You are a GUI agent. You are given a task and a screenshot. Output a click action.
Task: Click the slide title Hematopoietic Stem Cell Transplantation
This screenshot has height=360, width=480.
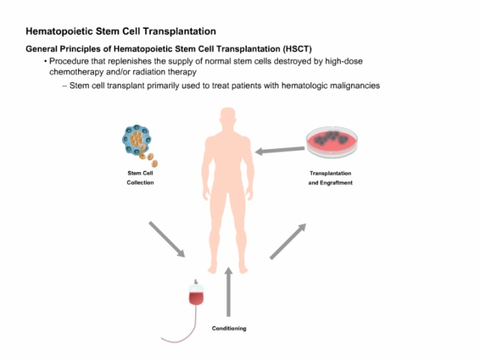(121, 32)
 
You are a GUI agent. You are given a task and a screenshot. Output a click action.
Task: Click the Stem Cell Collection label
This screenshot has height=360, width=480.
(140, 178)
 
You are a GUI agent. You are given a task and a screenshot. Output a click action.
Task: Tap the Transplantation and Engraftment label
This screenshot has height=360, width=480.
(331, 178)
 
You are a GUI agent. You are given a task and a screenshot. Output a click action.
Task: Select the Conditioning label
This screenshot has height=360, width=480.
(229, 328)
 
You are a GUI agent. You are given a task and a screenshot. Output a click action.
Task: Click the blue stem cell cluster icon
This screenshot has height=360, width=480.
(137, 140)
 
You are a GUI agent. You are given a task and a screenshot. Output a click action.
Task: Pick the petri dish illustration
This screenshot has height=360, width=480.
(332, 142)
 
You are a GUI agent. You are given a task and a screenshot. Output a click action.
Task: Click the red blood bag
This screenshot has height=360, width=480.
(196, 293)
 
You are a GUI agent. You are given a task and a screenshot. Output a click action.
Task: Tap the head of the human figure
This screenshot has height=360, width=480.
(228, 117)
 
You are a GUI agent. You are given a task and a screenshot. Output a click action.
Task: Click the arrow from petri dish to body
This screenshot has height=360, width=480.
(280, 150)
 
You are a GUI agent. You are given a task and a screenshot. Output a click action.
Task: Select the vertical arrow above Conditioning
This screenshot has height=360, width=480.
(228, 291)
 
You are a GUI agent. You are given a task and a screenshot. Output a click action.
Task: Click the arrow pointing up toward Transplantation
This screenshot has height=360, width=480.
(288, 241)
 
